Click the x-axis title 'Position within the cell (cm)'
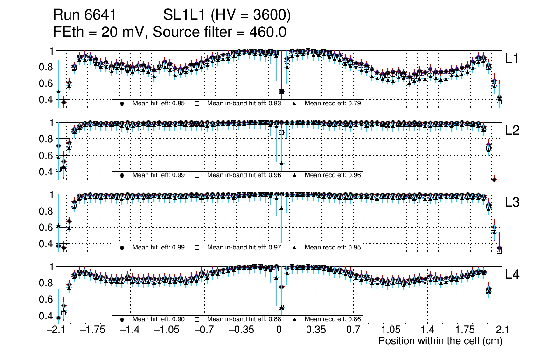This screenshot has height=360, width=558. (x=440, y=341)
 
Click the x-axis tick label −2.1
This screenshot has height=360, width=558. (x=56, y=330)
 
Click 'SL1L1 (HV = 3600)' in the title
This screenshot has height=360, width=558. (x=227, y=16)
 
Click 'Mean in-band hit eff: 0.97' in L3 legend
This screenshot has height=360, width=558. (x=244, y=247)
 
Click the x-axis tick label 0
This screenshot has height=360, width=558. (x=279, y=330)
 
